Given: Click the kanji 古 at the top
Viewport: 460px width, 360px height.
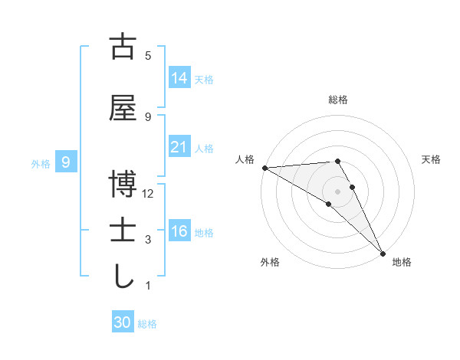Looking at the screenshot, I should [123, 47].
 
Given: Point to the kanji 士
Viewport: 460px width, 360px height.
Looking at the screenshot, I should [123, 231].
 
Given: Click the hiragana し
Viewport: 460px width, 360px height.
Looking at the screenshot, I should [123, 277].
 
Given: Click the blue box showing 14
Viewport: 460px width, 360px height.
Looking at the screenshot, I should [179, 77].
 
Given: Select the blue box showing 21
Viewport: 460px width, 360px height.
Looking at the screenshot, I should [179, 147].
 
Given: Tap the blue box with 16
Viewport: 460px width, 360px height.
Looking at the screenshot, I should [179, 231].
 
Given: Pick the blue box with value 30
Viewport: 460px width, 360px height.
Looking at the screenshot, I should [123, 322].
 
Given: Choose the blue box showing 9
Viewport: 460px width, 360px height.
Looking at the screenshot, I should [67, 162].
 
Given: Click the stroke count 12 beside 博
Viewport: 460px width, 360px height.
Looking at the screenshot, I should [148, 194].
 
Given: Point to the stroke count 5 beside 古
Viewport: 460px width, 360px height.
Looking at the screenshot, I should [148, 56].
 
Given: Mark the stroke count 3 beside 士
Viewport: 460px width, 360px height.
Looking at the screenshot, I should [148, 240].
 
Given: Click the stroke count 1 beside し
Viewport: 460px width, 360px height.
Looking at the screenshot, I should [148, 286].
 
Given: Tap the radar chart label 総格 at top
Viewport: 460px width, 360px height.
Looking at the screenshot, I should [338, 100].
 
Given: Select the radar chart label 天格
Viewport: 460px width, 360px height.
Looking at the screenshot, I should [432, 159].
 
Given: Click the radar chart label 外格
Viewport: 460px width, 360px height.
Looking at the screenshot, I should [270, 262].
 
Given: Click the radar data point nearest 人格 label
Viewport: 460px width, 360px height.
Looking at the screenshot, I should [264, 168].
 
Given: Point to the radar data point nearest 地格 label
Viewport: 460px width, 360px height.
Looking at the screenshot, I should [383, 253].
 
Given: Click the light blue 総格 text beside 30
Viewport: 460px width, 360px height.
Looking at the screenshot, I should [147, 324].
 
